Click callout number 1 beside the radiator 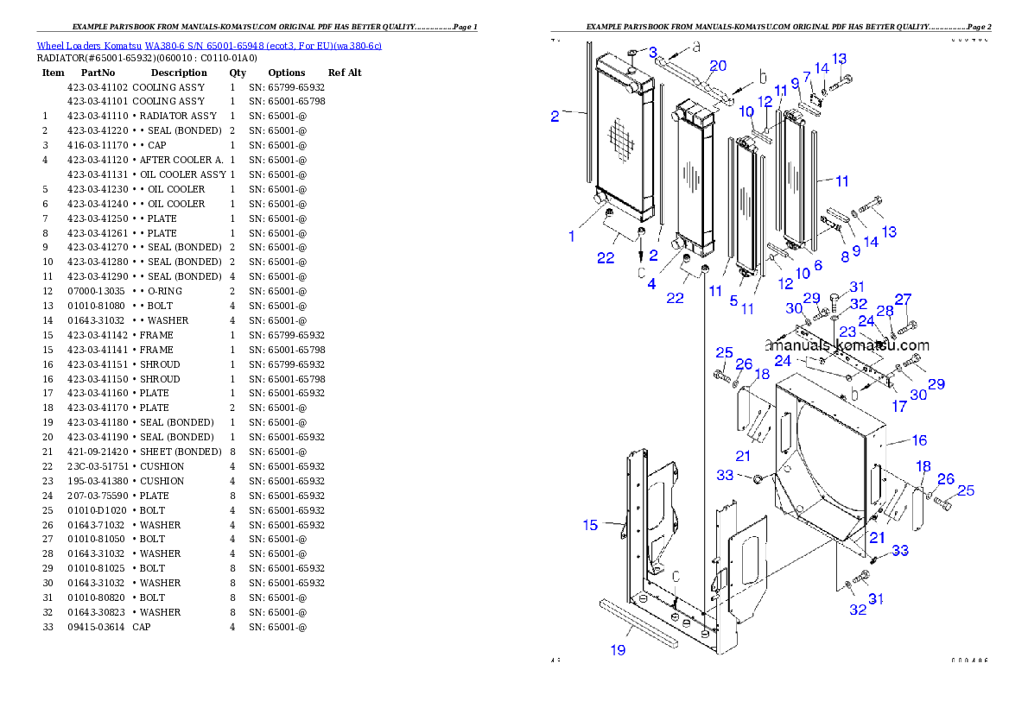(571, 235)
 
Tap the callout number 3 (652, 53)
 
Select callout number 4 (651, 282)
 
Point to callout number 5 (733, 300)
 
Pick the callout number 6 (817, 266)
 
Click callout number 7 (807, 77)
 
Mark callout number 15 (590, 524)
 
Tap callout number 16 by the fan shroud (919, 440)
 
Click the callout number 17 (899, 407)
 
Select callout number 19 (619, 649)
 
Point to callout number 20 (718, 66)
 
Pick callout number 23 (847, 332)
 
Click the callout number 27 (903, 299)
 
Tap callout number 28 (885, 310)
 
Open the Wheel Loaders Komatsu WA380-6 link (209, 45)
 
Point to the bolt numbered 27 (907, 326)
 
